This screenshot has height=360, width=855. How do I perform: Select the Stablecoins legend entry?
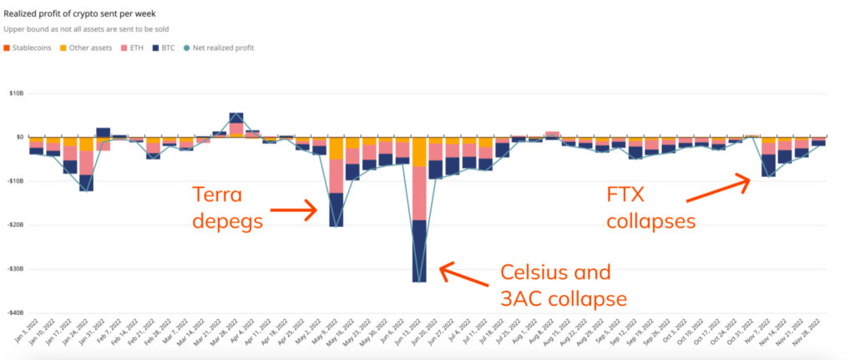30,48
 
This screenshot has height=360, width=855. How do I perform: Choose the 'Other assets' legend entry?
86,48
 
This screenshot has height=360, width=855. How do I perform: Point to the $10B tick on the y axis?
16,93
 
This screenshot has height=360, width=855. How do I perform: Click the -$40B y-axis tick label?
16,313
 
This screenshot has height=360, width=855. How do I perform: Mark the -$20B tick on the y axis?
16,226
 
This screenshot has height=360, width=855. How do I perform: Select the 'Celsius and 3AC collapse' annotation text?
555,284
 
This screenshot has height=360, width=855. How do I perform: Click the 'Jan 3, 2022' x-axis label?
28,337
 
